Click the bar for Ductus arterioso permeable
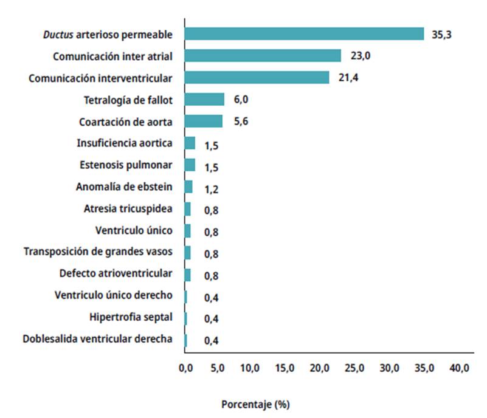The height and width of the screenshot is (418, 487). tap(304, 34)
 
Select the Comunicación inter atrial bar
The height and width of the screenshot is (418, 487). tap(263, 56)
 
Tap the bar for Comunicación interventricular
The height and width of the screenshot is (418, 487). tap(257, 78)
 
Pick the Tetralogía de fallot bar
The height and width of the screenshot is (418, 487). tap(204, 100)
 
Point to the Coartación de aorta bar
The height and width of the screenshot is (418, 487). tap(203, 122)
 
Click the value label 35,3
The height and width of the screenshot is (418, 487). tap(441, 35)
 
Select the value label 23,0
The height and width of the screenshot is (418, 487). tap(361, 57)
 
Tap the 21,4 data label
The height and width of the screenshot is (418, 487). tap(349, 78)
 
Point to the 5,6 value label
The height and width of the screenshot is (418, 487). tap(241, 122)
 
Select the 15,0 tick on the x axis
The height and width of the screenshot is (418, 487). tap(285, 369)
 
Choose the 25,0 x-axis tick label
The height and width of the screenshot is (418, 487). tap(354, 369)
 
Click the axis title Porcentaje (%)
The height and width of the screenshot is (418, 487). tap(255, 404)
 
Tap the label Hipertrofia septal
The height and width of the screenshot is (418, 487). tap(131, 317)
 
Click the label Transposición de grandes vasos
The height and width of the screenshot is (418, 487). tap(98, 252)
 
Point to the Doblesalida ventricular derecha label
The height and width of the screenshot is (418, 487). tap(97, 339)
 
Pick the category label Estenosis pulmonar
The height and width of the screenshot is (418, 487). tap(126, 165)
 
